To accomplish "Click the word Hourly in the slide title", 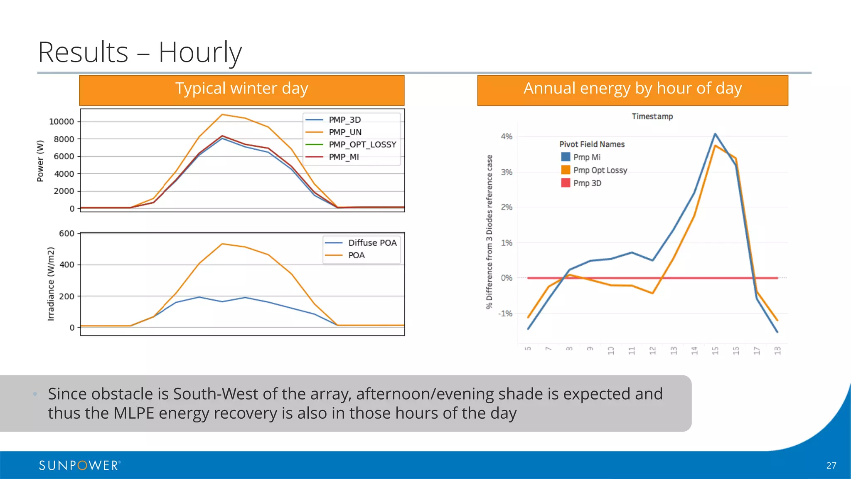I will point(200,52).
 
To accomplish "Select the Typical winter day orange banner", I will point(241,89).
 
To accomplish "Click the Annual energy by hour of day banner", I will point(632,89).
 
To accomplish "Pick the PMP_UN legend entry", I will point(345,132).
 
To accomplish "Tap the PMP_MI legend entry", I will point(344,157).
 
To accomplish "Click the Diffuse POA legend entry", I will point(372,243).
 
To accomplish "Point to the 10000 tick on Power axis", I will point(61,122).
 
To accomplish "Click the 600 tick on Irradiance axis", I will point(66,234).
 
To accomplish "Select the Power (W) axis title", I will point(40,161).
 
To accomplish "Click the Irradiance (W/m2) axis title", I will point(51,284).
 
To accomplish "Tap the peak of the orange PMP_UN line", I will point(222,114).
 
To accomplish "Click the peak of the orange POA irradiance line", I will point(223,244).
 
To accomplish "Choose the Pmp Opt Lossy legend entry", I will point(600,170).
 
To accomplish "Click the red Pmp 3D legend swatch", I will point(566,183).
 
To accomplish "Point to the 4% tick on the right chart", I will point(507,136).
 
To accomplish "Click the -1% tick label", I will point(505,314).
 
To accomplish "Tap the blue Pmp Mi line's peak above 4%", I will point(715,134).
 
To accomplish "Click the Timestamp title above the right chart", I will point(652,116).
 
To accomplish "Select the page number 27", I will point(831,466).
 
